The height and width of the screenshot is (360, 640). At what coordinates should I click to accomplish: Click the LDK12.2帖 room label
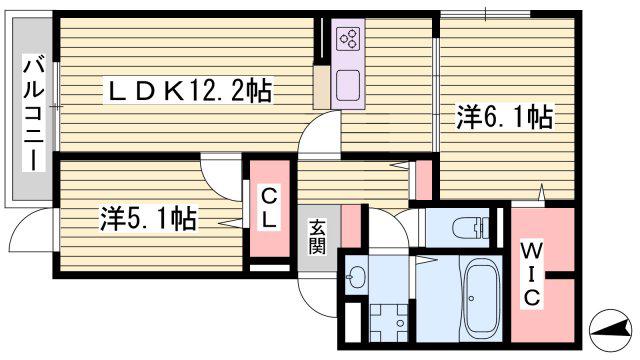click(189, 91)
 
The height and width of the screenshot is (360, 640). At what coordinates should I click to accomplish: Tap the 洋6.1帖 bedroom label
click(504, 117)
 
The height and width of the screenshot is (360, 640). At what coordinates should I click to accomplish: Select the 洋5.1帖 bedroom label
click(149, 218)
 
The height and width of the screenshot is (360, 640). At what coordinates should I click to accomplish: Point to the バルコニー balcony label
click(33, 114)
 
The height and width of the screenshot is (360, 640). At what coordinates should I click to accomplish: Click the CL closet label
click(269, 209)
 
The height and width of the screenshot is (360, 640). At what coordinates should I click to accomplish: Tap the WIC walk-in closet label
click(531, 274)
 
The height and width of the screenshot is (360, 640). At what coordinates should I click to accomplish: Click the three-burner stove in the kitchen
click(348, 39)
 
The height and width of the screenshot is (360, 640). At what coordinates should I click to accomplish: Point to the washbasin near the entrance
click(355, 276)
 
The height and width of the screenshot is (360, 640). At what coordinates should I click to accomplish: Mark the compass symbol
click(610, 330)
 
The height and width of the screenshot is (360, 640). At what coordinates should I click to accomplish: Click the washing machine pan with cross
click(388, 322)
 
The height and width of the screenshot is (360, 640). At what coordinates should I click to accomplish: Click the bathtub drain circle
click(472, 298)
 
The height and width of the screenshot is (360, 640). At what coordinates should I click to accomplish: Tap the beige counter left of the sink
click(322, 87)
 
